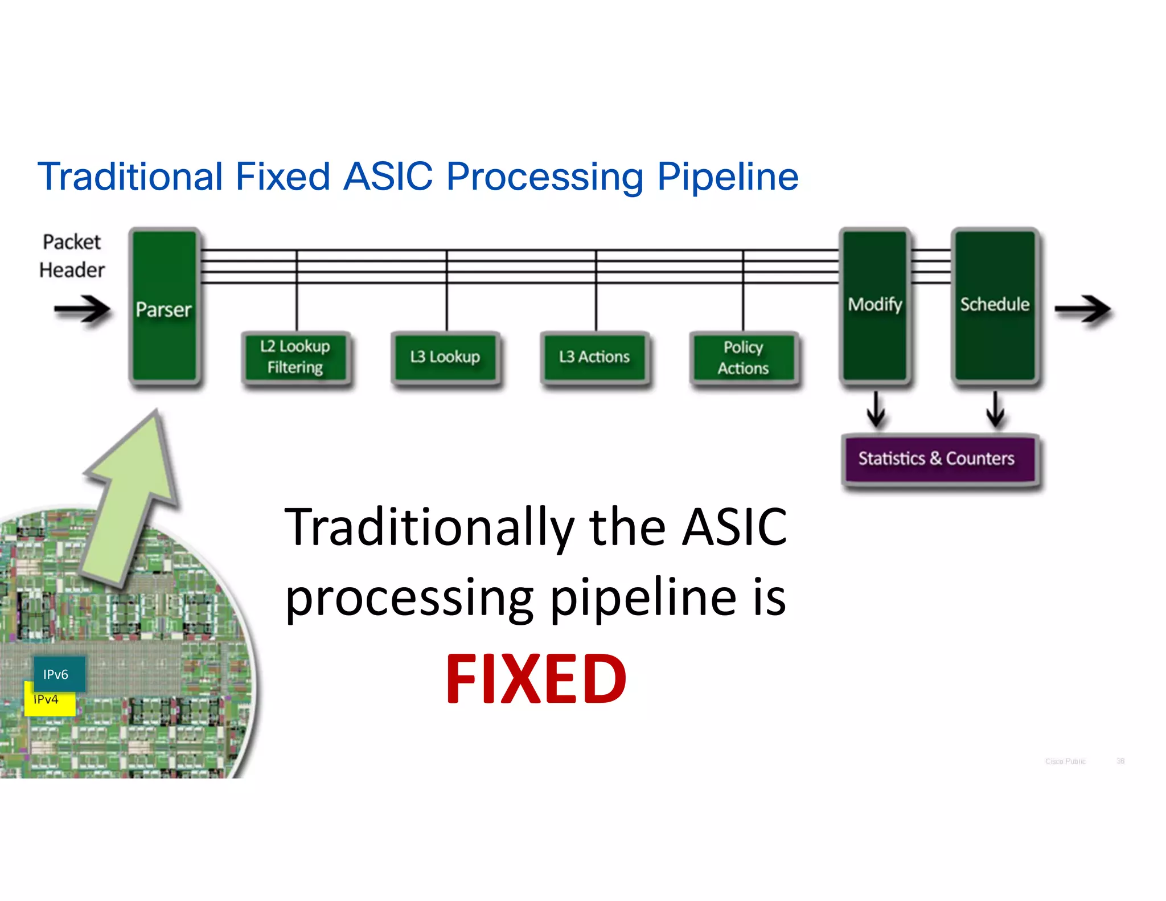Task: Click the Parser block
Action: pos(164,308)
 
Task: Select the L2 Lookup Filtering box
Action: pos(295,357)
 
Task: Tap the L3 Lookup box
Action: pos(445,357)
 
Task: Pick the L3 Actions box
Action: pos(594,357)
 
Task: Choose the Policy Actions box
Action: pos(743,358)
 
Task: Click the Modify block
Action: pos(874,305)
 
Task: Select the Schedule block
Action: pos(995,305)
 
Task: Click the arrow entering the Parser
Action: pos(83,310)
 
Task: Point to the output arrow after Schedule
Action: pos(1082,310)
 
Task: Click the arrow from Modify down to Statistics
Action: pos(876,409)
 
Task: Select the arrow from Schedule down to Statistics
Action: pos(995,409)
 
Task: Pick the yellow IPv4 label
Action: pos(48,704)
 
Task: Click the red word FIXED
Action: pos(536,679)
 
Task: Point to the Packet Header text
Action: pos(72,256)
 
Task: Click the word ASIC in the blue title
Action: pos(388,177)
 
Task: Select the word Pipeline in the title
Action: pos(728,177)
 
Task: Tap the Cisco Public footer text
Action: pos(1065,761)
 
